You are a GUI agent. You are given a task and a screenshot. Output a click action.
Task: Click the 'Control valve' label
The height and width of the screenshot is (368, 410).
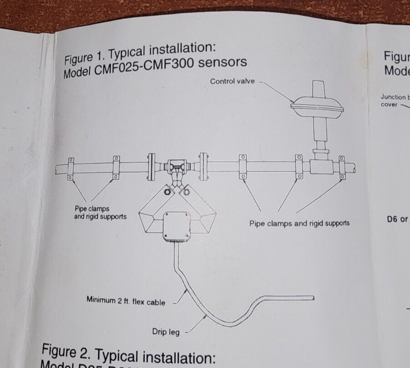(x=232, y=82)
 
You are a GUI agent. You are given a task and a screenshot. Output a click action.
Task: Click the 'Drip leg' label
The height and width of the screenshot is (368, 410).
(x=166, y=332)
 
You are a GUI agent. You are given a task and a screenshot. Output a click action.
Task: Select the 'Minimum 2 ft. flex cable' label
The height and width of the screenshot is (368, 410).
(x=126, y=301)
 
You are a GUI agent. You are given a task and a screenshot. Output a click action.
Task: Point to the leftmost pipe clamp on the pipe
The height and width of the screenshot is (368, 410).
(x=71, y=169)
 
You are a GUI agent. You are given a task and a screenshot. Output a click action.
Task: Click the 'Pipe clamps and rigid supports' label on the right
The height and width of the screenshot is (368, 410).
(x=299, y=223)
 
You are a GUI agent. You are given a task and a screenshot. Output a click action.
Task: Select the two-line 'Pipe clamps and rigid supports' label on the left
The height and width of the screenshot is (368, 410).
(x=100, y=213)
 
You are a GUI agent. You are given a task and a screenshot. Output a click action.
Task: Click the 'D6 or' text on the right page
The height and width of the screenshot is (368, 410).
(x=397, y=220)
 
